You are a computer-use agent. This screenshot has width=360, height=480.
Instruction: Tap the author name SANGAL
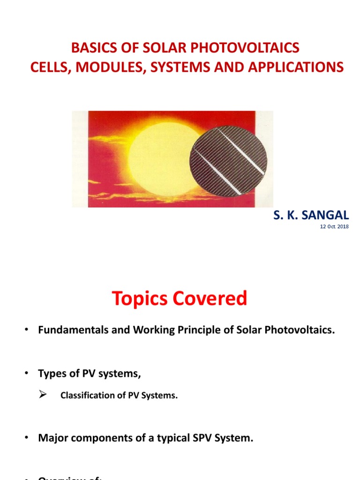(x=328, y=215)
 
